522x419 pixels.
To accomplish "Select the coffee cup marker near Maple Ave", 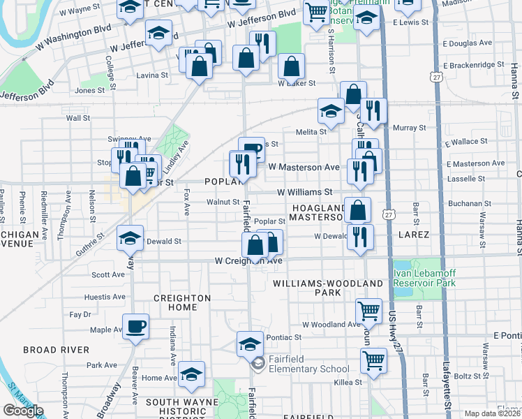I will [x=135, y=325].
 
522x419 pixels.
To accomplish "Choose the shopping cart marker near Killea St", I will [x=373, y=360].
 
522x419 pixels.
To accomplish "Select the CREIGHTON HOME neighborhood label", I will [x=179, y=303].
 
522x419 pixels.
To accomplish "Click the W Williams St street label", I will [x=304, y=191].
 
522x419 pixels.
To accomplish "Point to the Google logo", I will [x=22, y=411].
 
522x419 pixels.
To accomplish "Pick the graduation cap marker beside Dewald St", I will [x=130, y=237].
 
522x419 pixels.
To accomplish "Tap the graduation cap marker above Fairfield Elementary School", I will [x=249, y=343].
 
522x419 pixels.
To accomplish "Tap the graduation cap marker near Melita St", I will [x=331, y=110].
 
